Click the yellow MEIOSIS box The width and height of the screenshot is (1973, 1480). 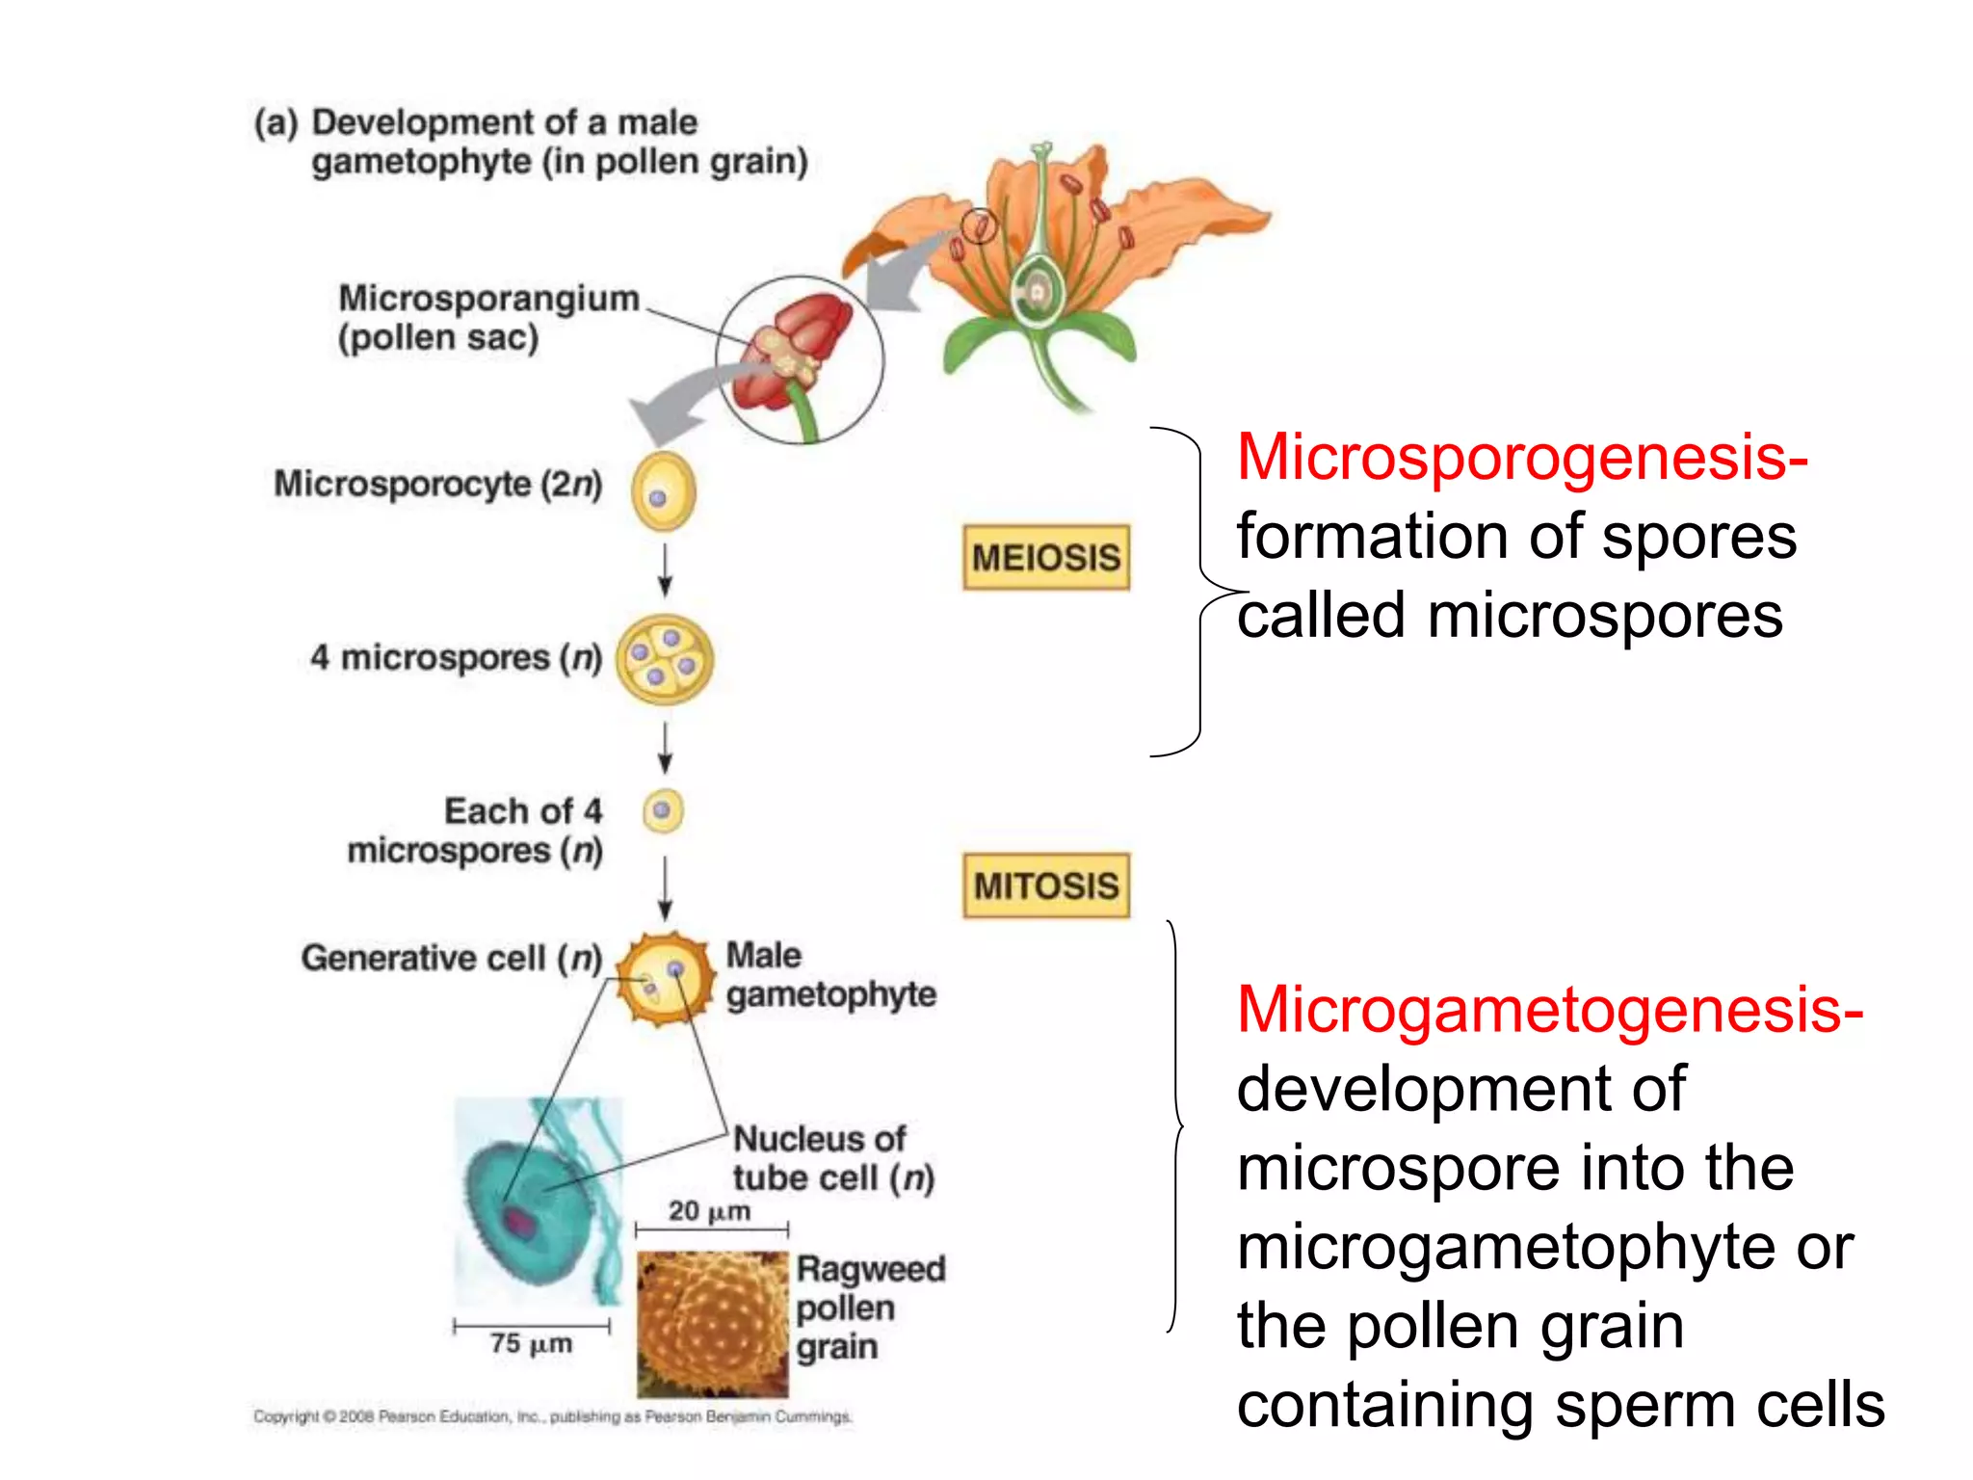[1045, 557]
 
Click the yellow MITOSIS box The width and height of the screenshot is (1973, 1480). [1045, 885]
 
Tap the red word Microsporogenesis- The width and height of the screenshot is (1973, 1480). [1521, 457]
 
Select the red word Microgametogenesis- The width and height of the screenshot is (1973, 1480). [1549, 1010]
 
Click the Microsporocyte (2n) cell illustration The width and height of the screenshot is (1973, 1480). [663, 491]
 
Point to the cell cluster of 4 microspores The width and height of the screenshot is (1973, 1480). [664, 659]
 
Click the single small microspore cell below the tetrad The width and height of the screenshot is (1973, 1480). [663, 810]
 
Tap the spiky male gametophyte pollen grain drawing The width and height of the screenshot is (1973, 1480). [663, 978]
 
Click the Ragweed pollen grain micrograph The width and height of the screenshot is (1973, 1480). [712, 1323]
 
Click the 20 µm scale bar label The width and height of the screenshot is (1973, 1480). [709, 1211]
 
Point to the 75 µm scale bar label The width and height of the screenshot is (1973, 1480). [531, 1343]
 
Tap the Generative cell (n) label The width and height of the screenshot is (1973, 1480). [451, 958]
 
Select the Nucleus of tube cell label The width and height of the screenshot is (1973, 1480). [832, 1158]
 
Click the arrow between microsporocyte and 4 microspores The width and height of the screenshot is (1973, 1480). [665, 571]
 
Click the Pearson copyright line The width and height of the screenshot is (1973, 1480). [552, 1416]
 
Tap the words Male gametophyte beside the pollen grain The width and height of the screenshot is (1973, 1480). [829, 975]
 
